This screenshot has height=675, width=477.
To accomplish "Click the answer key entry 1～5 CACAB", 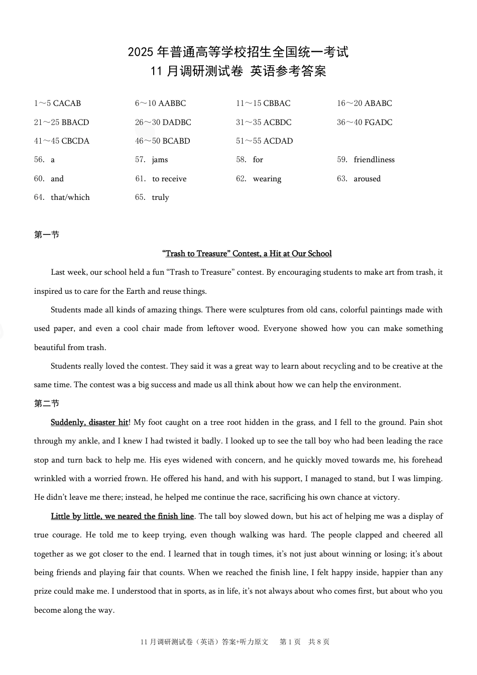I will pos(57,103).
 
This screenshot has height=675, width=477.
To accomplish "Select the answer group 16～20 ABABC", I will pos(364,103).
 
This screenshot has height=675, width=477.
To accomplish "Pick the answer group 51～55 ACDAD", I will pos(264,141).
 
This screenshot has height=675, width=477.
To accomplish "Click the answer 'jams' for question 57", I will pos(160,160).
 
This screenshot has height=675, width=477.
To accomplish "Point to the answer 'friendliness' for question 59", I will pos(374,160).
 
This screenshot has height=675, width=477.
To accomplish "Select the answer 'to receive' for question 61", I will pos(169,179).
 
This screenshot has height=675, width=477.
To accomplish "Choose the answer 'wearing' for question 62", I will pos(267,179).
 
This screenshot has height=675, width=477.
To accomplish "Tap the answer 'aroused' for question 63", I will pos(367,179).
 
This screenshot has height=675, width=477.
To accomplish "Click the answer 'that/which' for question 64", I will pos(70,197).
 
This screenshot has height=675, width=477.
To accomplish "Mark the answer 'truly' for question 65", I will pos(160,197).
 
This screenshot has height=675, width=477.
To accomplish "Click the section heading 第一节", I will pos(47,235).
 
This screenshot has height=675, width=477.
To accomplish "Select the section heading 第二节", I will pos(47,403).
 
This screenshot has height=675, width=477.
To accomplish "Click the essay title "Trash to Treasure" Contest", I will pos(247,254).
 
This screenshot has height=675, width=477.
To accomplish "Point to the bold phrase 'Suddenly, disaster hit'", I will pos(89,422).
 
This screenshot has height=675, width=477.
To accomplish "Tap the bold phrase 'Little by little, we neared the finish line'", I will pos(122,516).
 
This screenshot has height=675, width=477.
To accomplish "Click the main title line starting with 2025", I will pos(238,52).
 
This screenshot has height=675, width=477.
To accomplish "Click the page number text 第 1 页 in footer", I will pos(290,642).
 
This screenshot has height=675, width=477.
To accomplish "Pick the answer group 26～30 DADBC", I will pos(163,123).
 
